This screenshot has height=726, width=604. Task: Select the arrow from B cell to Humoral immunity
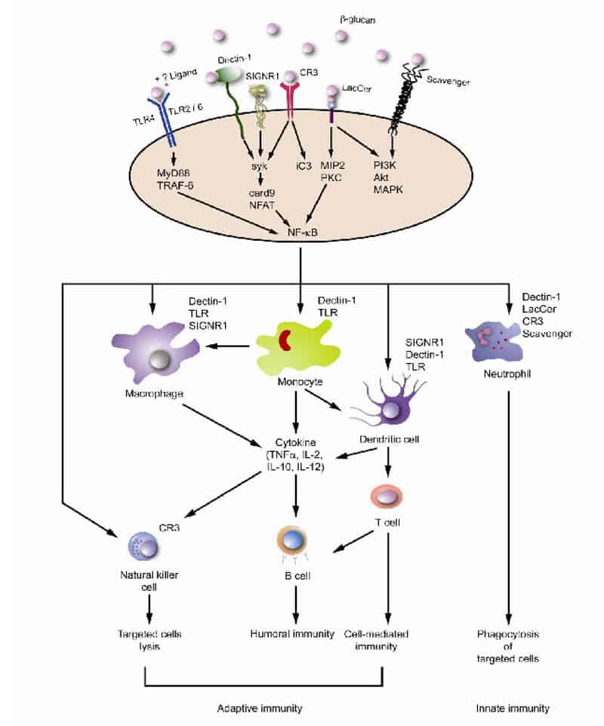point(295,601)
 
